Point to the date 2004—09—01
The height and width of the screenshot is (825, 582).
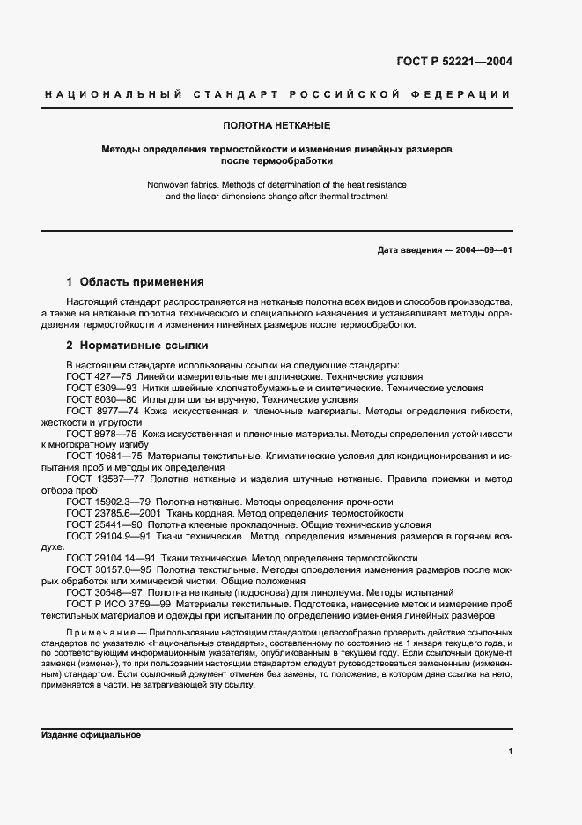pyautogui.click(x=482, y=250)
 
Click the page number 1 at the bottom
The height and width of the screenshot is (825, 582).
pyautogui.click(x=510, y=752)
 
